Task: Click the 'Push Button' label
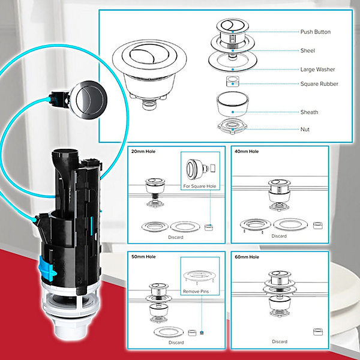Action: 316,32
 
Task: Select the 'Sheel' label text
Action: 308,50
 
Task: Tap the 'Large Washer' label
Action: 317,70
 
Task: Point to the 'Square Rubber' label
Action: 319,84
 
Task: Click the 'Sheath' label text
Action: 309,112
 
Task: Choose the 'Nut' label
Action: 305,129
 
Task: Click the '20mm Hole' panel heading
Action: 143,152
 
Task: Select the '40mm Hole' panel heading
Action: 247,152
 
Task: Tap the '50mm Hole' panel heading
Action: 143,257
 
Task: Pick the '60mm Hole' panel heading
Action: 247,257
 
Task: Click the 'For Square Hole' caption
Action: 200,186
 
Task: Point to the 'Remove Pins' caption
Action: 196,292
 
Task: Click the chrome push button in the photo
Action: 89,100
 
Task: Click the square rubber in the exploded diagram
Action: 233,81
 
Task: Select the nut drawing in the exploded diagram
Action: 232,126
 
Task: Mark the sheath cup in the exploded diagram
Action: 232,104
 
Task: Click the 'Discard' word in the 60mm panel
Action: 280,341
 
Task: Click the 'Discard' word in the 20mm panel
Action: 176,237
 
